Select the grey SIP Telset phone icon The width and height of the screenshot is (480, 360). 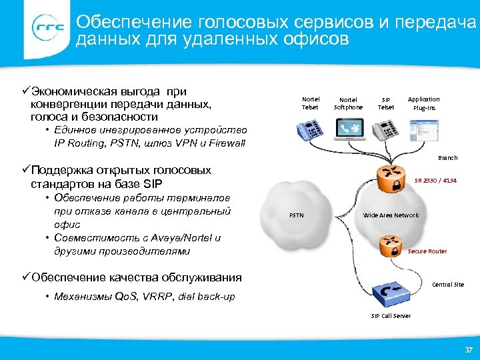(x=386, y=129)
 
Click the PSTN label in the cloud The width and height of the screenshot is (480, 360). (x=297, y=215)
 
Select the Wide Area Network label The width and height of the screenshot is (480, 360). (x=391, y=215)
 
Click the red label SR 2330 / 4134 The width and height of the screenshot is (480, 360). (x=435, y=180)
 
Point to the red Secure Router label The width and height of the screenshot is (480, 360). (x=427, y=251)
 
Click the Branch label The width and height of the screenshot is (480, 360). (x=447, y=158)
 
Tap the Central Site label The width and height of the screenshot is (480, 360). (x=448, y=285)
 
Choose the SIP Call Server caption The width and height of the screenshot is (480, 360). (x=391, y=315)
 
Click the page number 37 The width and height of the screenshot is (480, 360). (x=468, y=349)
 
